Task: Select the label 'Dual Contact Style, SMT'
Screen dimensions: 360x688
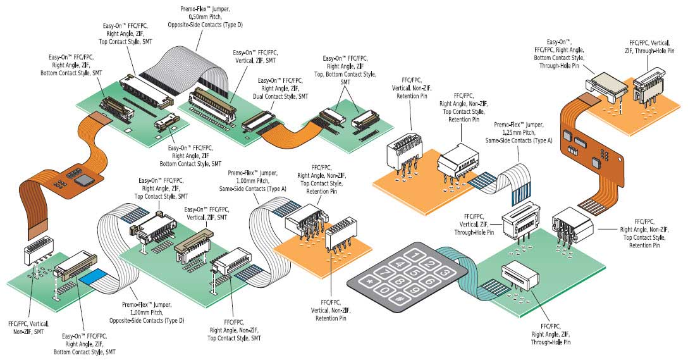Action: pos(282,96)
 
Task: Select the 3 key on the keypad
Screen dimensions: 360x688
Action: pos(445,273)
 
